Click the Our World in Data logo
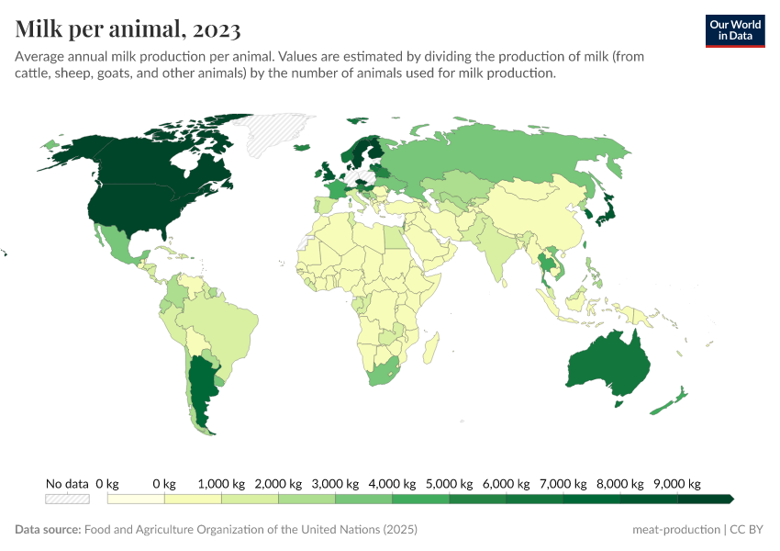coord(734,30)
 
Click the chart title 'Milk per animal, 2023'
coord(128,29)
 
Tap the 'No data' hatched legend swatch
coord(67,499)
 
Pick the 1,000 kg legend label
coord(221,483)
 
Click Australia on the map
coord(608,366)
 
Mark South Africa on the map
coord(386,373)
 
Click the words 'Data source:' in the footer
coord(48,530)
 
